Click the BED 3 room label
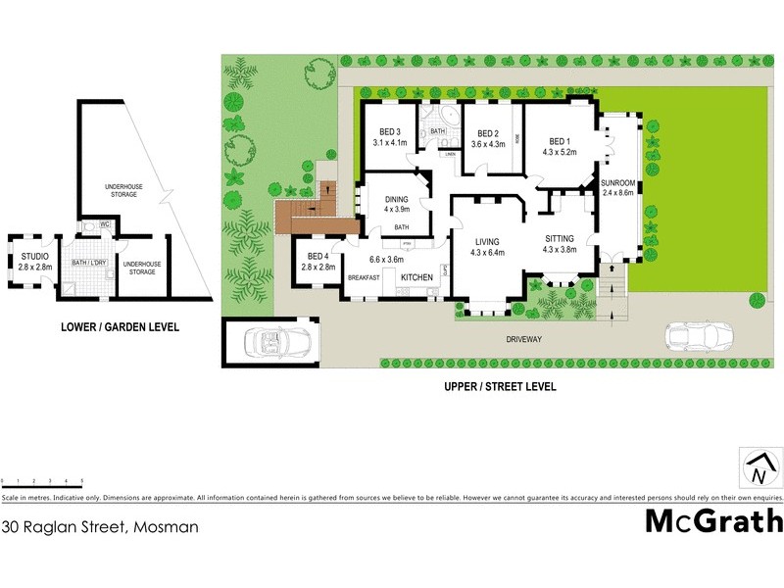pyautogui.click(x=390, y=132)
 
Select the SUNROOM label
pyautogui.click(x=619, y=183)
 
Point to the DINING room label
pyautogui.click(x=396, y=197)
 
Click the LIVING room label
pyautogui.click(x=487, y=241)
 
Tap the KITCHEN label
pyautogui.click(x=416, y=278)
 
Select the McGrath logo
pyautogui.click(x=713, y=520)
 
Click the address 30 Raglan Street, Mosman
pyautogui.click(x=100, y=526)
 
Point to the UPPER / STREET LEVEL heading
pyautogui.click(x=501, y=387)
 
